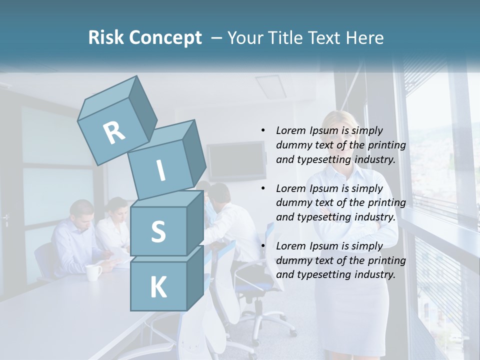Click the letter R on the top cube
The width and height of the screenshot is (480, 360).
pos(114,133)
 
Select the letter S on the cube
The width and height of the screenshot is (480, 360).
pos(158,231)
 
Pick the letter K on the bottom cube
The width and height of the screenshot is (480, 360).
pos(158,287)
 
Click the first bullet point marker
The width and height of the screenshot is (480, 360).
pos(263,130)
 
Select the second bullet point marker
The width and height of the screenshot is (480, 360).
pos(263,188)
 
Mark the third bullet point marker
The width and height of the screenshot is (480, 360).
pos(263,246)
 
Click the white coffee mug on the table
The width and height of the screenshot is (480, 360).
pos(93,272)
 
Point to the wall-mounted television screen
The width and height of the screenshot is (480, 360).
pos(236,160)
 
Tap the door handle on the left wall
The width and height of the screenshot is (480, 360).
pos(5,218)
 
